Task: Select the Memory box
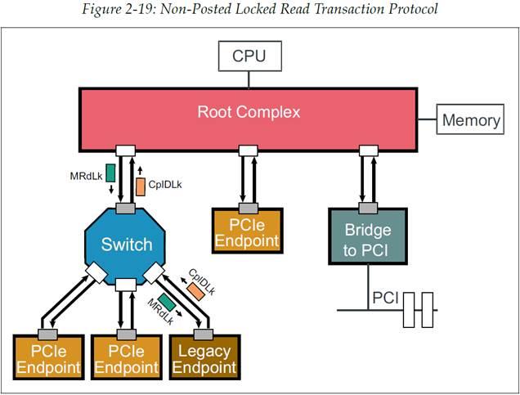(470, 120)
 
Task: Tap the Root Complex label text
(249, 111)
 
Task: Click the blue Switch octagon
(126, 244)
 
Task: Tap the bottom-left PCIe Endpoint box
(47, 359)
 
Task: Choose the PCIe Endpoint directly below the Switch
(126, 359)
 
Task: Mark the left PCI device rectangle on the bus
(409, 310)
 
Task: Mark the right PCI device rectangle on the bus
(427, 310)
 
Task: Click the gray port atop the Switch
(125, 209)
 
